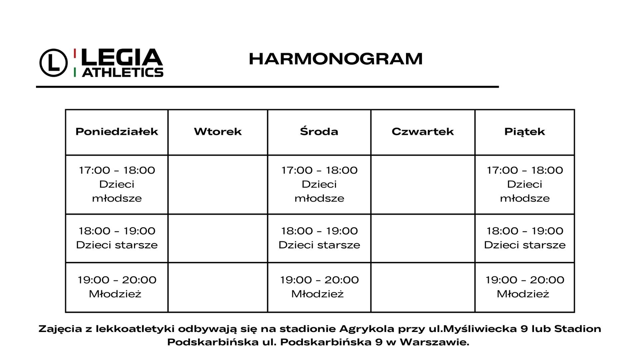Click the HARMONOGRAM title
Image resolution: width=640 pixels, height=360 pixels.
click(x=335, y=59)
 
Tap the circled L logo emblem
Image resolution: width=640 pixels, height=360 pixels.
click(x=53, y=62)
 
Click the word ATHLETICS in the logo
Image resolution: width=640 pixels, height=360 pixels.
click(x=122, y=72)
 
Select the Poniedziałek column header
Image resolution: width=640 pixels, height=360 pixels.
click(x=117, y=132)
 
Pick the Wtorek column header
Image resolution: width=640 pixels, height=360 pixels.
click(x=218, y=132)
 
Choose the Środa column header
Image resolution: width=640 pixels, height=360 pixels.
click(x=319, y=132)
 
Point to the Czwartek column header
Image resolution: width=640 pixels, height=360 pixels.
click(x=422, y=132)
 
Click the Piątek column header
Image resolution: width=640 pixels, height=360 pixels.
click(x=524, y=132)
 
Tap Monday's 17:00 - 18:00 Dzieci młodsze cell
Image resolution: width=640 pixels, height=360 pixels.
click(x=117, y=184)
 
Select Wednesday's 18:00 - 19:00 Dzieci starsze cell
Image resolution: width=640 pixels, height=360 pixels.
click(x=319, y=238)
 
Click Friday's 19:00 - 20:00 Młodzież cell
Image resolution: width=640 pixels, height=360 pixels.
click(x=524, y=287)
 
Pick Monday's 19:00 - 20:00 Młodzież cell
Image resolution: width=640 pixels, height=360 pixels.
click(x=117, y=287)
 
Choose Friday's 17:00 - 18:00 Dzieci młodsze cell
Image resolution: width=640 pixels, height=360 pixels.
click(x=524, y=184)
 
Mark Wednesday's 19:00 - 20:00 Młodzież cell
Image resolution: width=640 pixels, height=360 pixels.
click(x=319, y=287)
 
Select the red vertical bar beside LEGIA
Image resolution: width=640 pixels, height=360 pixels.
click(x=75, y=53)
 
